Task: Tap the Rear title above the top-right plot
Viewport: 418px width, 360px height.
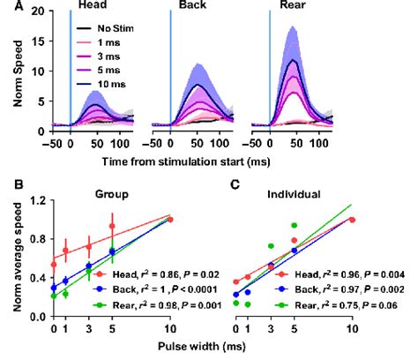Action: [x=298, y=7]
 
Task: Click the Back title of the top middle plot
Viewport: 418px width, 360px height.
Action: [x=198, y=7]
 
